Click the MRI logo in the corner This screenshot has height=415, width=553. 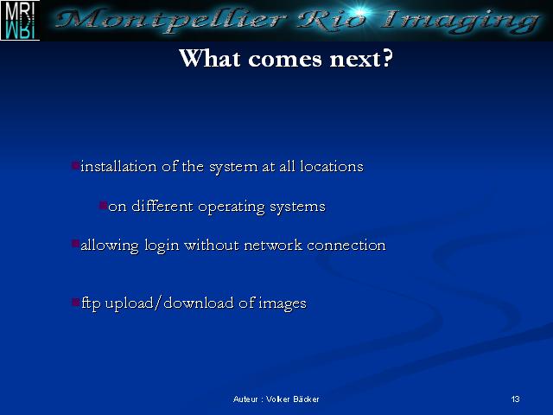click(20, 20)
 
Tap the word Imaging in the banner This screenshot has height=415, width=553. click(460, 21)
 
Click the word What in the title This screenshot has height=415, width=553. click(210, 58)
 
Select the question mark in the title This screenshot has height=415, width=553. click(387, 58)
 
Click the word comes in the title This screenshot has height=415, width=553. click(285, 60)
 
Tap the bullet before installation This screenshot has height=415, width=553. click(75, 165)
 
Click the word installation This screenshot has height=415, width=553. click(118, 166)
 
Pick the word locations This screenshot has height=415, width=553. click(332, 166)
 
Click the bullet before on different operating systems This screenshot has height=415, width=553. click(103, 206)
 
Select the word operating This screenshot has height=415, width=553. click(231, 207)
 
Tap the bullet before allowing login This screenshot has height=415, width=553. click(75, 244)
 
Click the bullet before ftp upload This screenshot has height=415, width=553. click(75, 302)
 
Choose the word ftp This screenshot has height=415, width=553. click(91, 303)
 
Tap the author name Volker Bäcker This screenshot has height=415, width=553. click(293, 399)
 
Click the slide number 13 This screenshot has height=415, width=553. click(515, 399)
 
